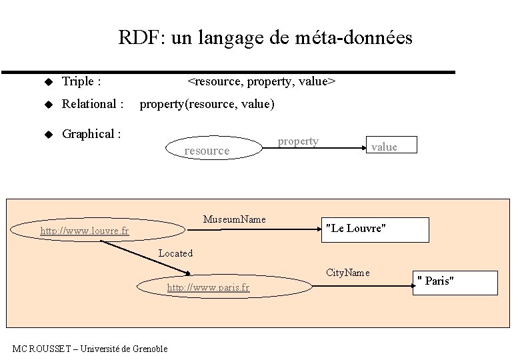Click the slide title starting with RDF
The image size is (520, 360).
[265, 38]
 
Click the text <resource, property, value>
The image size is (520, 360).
[261, 82]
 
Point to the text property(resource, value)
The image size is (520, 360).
[207, 104]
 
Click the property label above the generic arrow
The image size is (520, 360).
[298, 141]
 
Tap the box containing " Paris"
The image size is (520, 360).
[456, 282]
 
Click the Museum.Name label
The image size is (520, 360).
[235, 219]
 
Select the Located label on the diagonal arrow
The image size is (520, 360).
[175, 253]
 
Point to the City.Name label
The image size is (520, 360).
[347, 273]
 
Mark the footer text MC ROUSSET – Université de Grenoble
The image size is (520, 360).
[91, 349]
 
